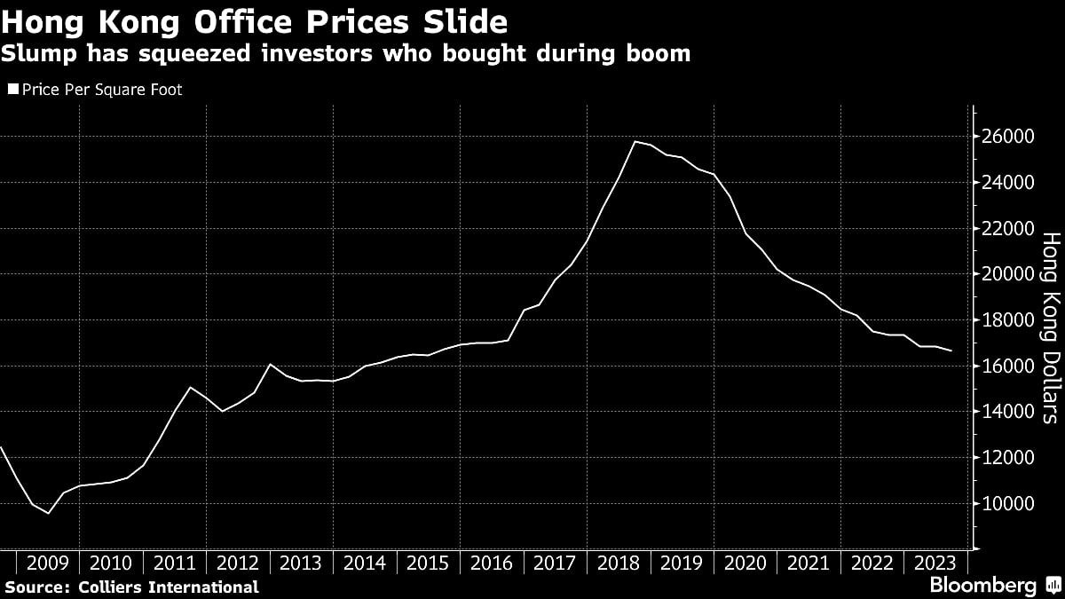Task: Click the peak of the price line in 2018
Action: (635, 141)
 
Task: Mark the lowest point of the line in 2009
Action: (48, 513)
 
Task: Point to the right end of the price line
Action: (951, 351)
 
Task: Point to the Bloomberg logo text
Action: (982, 585)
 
